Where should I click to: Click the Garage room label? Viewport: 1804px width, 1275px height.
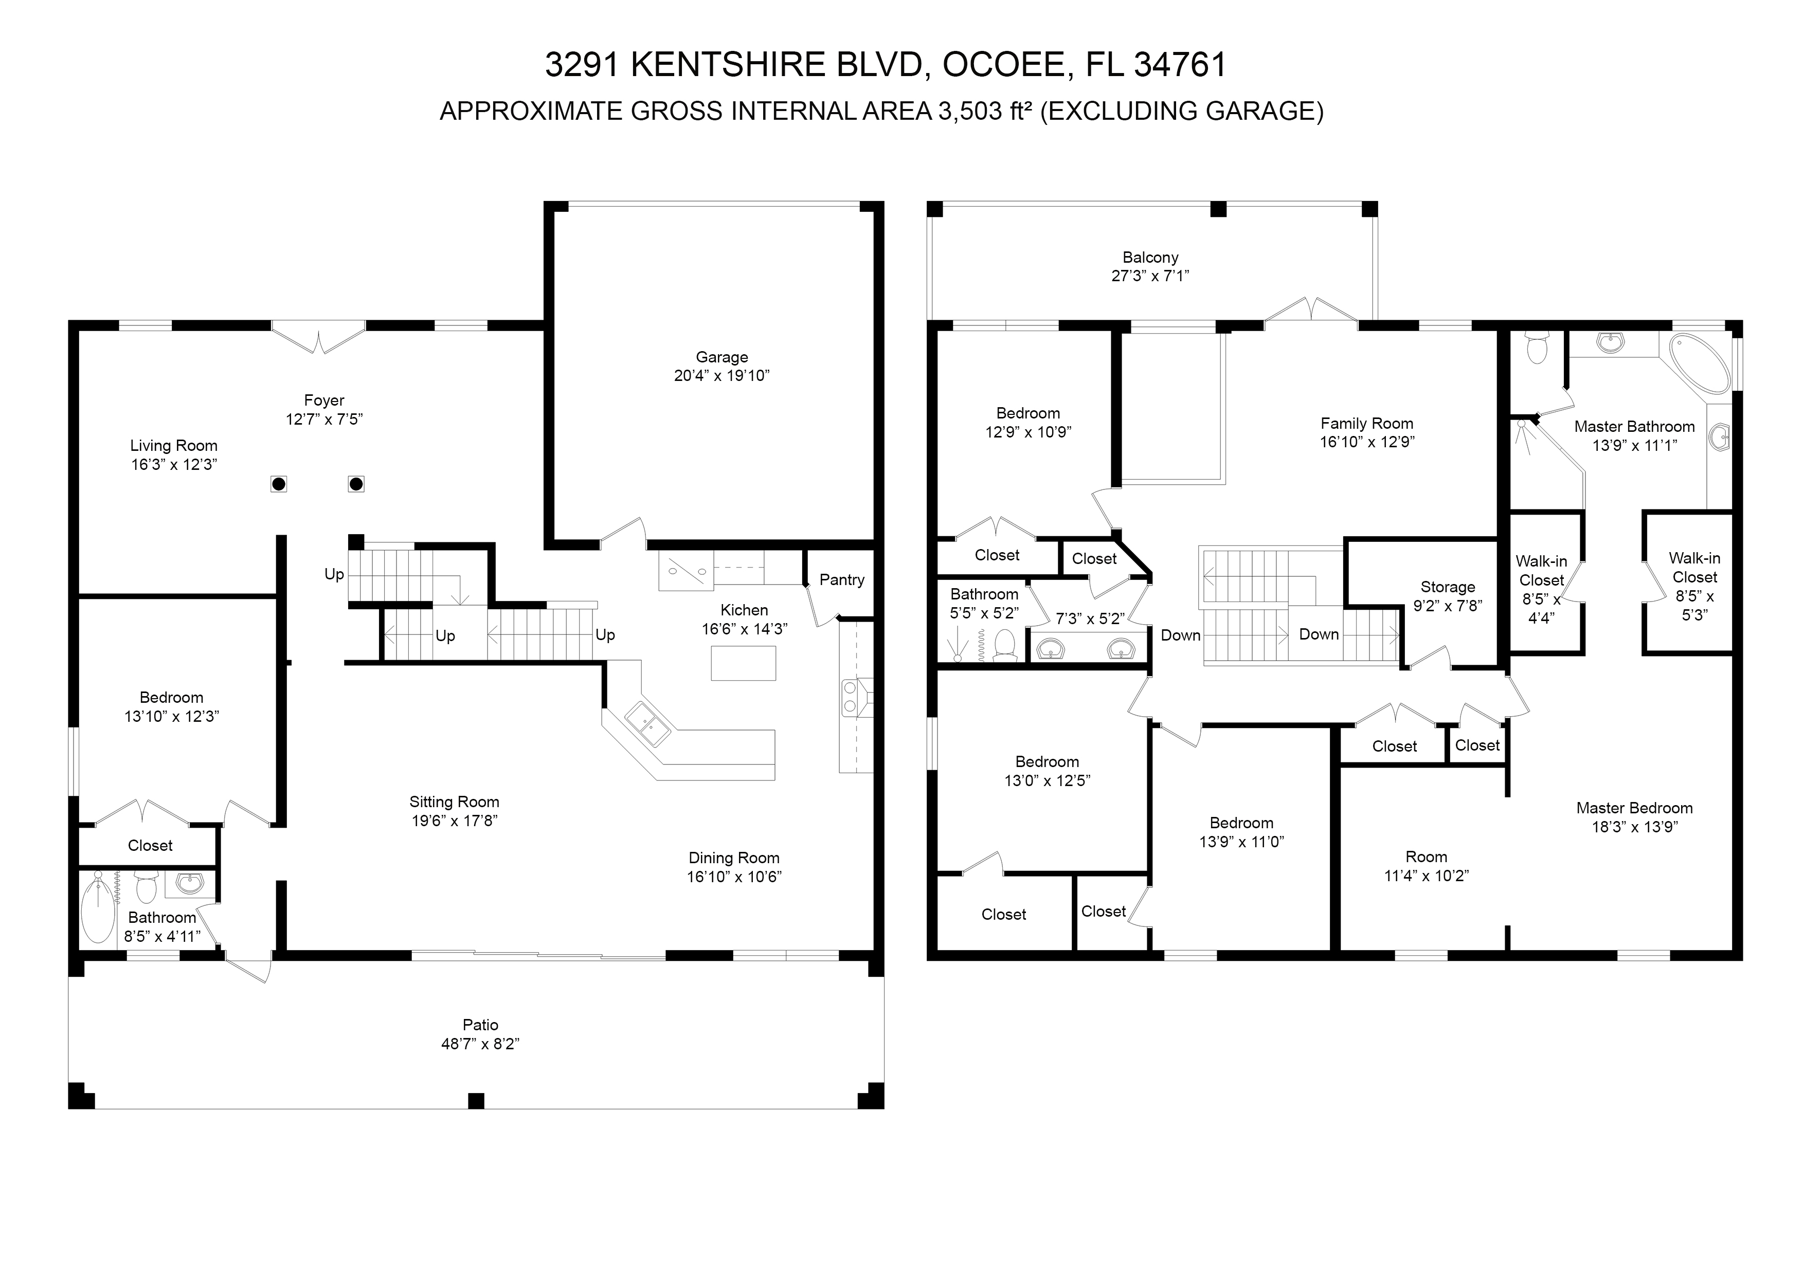coord(721,357)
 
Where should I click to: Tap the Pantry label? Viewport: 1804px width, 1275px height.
coord(841,580)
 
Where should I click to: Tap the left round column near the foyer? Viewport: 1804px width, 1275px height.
coord(278,484)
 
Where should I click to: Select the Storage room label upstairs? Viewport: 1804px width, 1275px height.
coord(1447,587)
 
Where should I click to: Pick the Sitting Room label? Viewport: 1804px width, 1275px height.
coord(454,802)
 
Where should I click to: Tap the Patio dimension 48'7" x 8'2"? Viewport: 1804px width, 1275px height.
coord(480,1044)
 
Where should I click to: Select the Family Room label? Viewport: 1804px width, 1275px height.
coord(1366,424)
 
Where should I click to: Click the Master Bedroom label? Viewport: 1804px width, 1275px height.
coord(1634,808)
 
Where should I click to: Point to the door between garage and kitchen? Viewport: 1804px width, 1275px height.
coord(623,534)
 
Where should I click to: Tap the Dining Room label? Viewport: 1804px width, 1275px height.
coord(734,859)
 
